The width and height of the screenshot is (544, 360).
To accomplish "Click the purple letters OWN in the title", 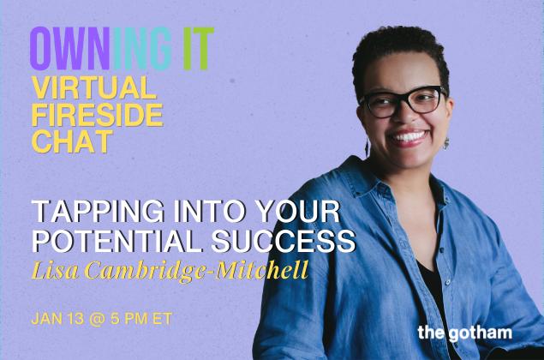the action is (x=69, y=49).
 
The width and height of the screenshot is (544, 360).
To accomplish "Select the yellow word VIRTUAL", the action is (x=93, y=87).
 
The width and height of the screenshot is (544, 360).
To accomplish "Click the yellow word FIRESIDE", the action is (x=97, y=115).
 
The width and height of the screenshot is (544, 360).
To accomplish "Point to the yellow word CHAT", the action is (x=73, y=141).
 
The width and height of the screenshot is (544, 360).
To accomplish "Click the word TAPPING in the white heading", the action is (x=98, y=212).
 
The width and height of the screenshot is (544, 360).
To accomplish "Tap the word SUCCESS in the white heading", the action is (x=284, y=241).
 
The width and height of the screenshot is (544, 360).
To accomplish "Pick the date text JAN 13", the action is (x=57, y=319).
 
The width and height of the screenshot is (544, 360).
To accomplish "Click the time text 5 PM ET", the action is (x=141, y=319).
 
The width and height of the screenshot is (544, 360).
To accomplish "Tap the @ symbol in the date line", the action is (x=98, y=319).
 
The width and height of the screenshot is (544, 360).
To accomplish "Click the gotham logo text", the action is (x=465, y=333).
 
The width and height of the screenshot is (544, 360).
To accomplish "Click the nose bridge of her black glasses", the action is (x=403, y=99).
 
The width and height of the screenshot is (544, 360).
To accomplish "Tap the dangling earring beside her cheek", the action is (x=367, y=146).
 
